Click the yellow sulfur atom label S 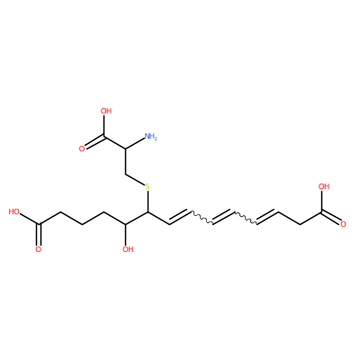click(x=147, y=186)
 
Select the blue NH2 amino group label click(x=150, y=137)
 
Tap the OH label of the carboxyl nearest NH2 click(x=106, y=112)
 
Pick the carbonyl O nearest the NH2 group click(x=82, y=148)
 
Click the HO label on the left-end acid click(x=14, y=211)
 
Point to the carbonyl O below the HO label click(x=38, y=249)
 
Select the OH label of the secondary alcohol click(x=128, y=249)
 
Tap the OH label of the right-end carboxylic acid click(x=324, y=186)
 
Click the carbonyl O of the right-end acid click(x=343, y=224)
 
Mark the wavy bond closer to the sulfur click(x=202, y=218)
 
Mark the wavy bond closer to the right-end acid click(x=246, y=218)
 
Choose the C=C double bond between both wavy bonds click(x=223, y=217)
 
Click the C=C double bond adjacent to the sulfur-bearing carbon click(x=180, y=217)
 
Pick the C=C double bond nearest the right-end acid click(x=267, y=217)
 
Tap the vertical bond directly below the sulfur click(x=148, y=202)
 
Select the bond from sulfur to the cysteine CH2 click(x=134, y=179)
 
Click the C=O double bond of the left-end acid click(x=39, y=234)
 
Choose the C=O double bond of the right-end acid click(x=330, y=218)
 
